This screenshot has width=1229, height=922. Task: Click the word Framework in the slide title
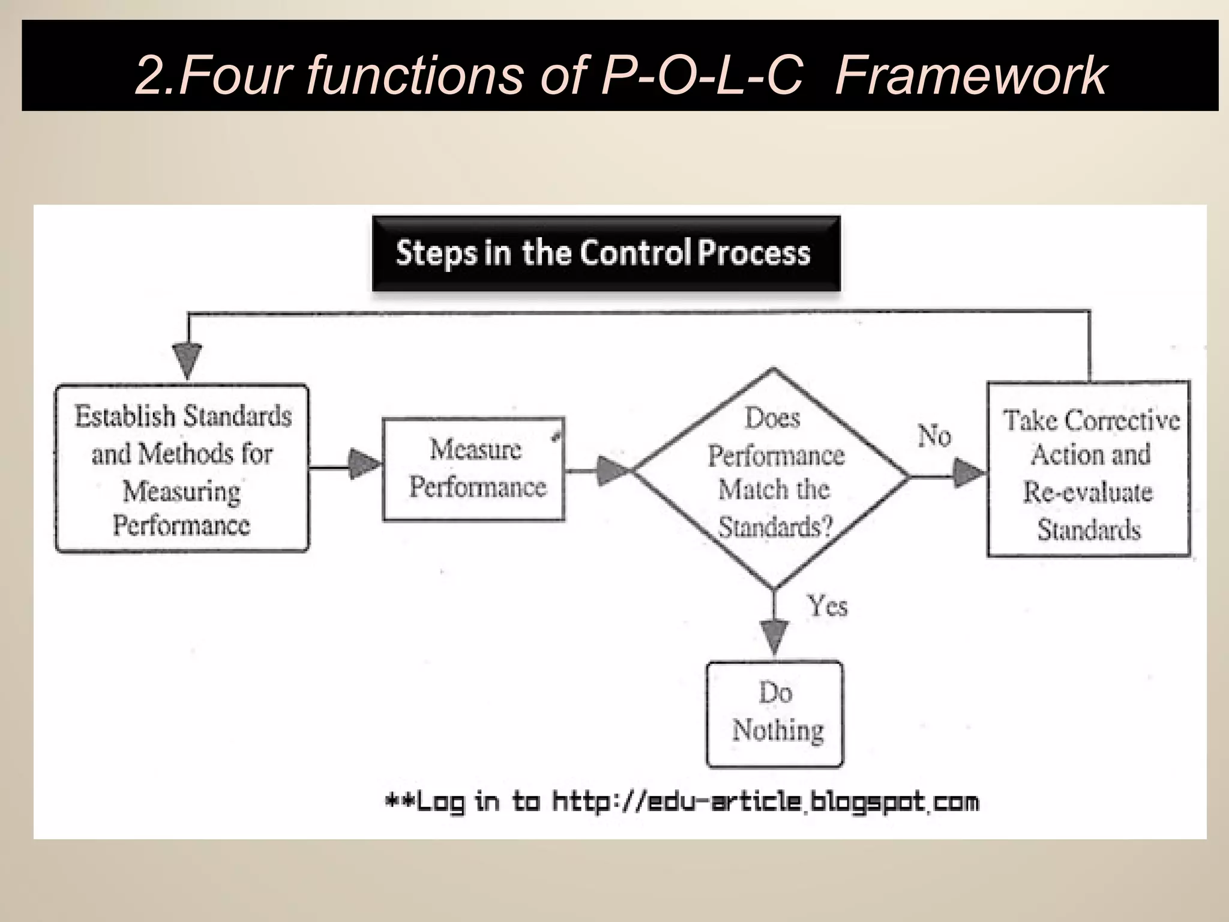(970, 75)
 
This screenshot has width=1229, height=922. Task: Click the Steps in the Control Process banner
(605, 253)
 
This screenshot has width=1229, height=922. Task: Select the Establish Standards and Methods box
(182, 469)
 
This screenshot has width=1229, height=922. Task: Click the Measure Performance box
(474, 469)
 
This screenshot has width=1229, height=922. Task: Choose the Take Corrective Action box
(1088, 469)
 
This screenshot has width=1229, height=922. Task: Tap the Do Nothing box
(775, 714)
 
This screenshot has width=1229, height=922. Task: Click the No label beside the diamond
(934, 436)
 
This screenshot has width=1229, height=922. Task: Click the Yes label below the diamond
(827, 606)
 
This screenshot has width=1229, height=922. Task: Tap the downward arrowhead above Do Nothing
(774, 637)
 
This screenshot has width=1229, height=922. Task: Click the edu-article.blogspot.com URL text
(765, 802)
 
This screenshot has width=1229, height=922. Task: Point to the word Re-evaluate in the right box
(1087, 492)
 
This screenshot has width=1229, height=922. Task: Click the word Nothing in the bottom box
(778, 731)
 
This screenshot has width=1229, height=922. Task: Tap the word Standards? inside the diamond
(775, 527)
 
